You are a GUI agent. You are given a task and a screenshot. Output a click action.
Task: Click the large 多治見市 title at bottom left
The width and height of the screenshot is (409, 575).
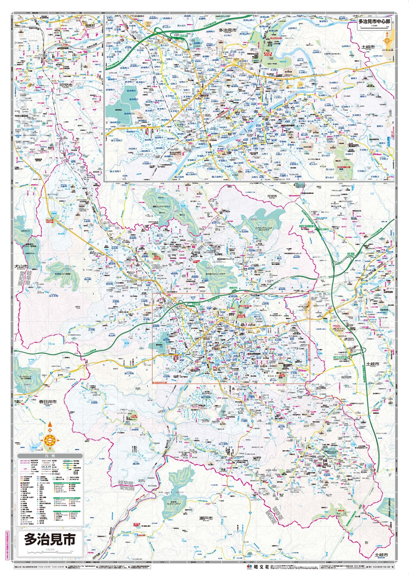pyautogui.click(x=50, y=539)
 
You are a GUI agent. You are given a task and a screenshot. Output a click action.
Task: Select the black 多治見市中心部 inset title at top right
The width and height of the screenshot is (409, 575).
pyautogui.click(x=374, y=22)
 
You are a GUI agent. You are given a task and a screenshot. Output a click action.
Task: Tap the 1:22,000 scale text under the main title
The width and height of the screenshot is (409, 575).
pyautogui.click(x=50, y=550)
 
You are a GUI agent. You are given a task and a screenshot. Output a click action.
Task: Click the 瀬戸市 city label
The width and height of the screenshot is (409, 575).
pyautogui.click(x=206, y=518)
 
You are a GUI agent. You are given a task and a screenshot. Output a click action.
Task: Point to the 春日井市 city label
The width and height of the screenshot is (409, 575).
pyautogui.click(x=47, y=402)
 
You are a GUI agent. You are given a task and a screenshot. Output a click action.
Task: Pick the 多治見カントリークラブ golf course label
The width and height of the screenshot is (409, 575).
pyautogui.click(x=214, y=274)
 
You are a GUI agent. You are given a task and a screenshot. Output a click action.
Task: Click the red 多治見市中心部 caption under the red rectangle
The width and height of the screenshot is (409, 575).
pyautogui.click(x=162, y=383)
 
